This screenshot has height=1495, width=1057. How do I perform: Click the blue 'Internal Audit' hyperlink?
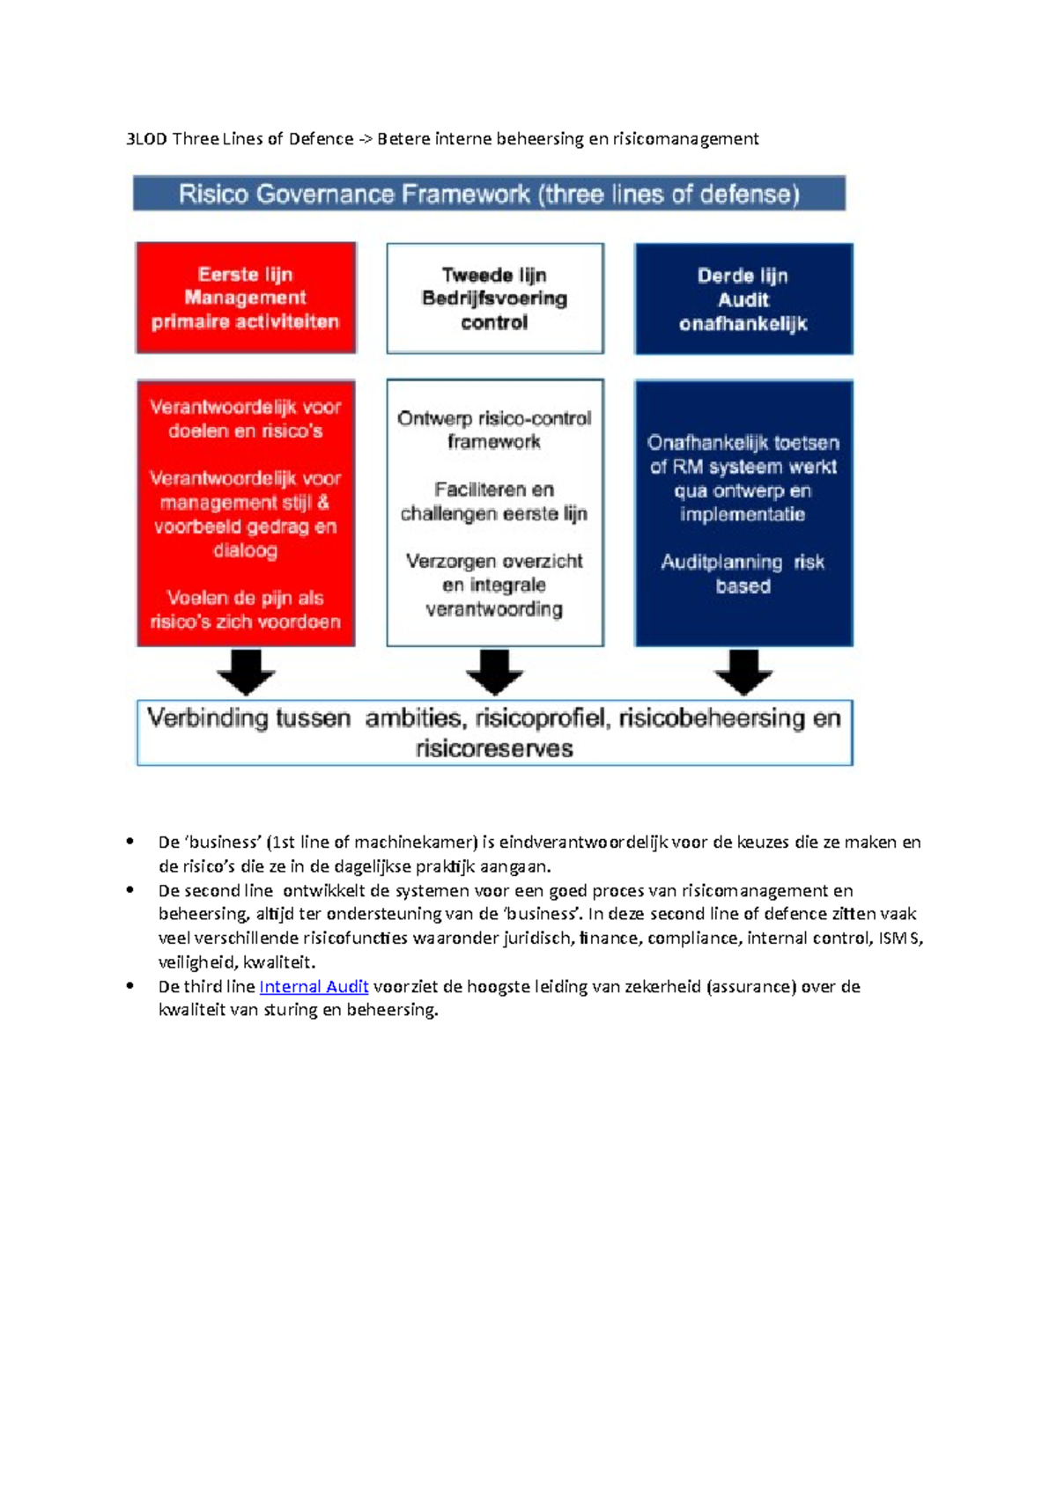[x=314, y=987]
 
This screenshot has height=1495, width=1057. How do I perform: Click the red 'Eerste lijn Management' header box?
[x=246, y=298]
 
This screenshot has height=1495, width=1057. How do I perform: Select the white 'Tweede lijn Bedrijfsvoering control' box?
[x=495, y=298]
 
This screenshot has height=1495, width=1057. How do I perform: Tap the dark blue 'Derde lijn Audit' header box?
[x=743, y=298]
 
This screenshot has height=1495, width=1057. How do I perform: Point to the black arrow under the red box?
[x=246, y=673]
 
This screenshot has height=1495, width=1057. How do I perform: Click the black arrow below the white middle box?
[x=494, y=673]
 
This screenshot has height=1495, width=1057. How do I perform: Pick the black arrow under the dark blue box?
[x=743, y=673]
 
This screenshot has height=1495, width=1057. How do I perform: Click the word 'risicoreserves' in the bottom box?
[x=494, y=749]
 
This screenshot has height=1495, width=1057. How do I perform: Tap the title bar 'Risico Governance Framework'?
[x=489, y=194]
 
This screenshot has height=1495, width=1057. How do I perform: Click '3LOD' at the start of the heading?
[x=146, y=139]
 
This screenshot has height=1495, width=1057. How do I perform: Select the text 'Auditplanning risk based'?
[x=743, y=574]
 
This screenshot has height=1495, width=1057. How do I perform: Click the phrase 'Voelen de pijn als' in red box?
[x=245, y=598]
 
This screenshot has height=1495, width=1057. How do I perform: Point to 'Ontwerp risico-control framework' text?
[x=494, y=430]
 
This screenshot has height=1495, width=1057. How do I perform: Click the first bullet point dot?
[x=130, y=842]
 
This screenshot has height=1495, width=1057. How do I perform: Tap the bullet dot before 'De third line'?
[x=130, y=986]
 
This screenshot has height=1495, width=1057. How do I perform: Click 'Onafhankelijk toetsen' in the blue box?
[x=743, y=443]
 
